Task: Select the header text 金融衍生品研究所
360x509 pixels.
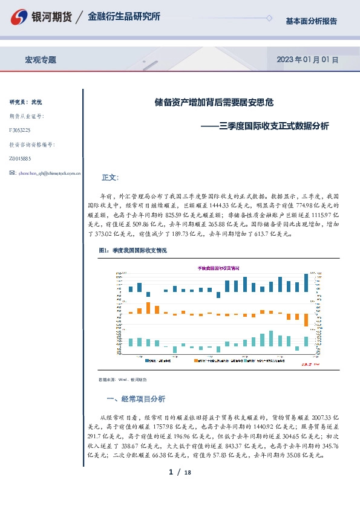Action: pos(124,17)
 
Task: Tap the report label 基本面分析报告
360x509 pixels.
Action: pos(311,21)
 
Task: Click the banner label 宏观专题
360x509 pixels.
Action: pos(40,60)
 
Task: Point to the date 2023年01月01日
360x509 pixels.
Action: pos(307,60)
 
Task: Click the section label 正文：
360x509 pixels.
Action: pos(110,178)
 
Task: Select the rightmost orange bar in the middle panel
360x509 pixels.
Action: pos(306,320)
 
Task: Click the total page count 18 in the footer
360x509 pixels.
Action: pos(187,473)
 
